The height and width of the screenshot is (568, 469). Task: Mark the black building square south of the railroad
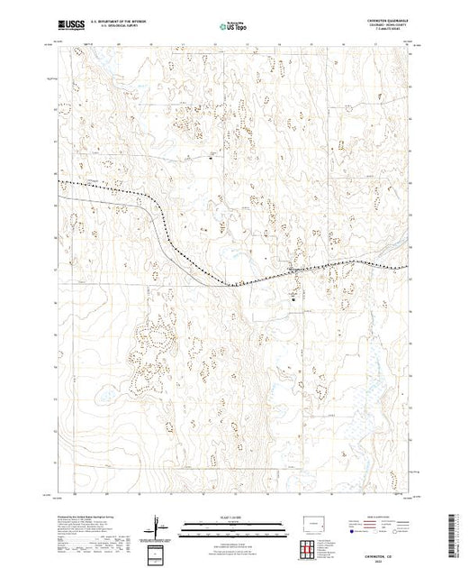click(x=292, y=295)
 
